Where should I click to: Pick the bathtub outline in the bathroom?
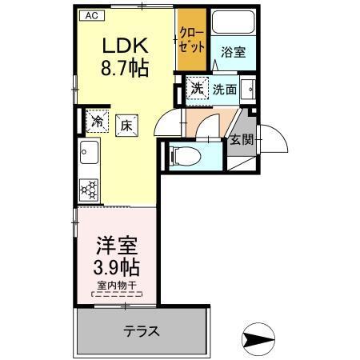[233, 23]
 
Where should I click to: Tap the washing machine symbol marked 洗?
[197, 88]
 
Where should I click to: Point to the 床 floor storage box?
[126, 123]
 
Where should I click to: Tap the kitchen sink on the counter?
[87, 153]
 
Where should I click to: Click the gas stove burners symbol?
[88, 189]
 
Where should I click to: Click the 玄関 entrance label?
[239, 141]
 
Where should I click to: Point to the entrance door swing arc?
[274, 140]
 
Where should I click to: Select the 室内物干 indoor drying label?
[117, 286]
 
